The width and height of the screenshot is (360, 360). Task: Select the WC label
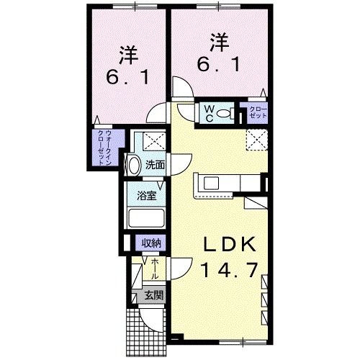click(x=207, y=113)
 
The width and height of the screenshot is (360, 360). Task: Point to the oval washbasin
click(x=133, y=165)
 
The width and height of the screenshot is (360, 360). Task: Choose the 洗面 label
click(x=155, y=165)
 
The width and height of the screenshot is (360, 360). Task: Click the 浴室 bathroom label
click(x=148, y=196)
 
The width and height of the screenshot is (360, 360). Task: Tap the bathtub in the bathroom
click(x=148, y=219)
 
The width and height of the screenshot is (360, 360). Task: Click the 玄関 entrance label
click(x=153, y=294)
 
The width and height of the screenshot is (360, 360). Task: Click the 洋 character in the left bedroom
click(x=129, y=53)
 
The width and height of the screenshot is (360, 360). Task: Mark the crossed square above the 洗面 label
click(x=153, y=140)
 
